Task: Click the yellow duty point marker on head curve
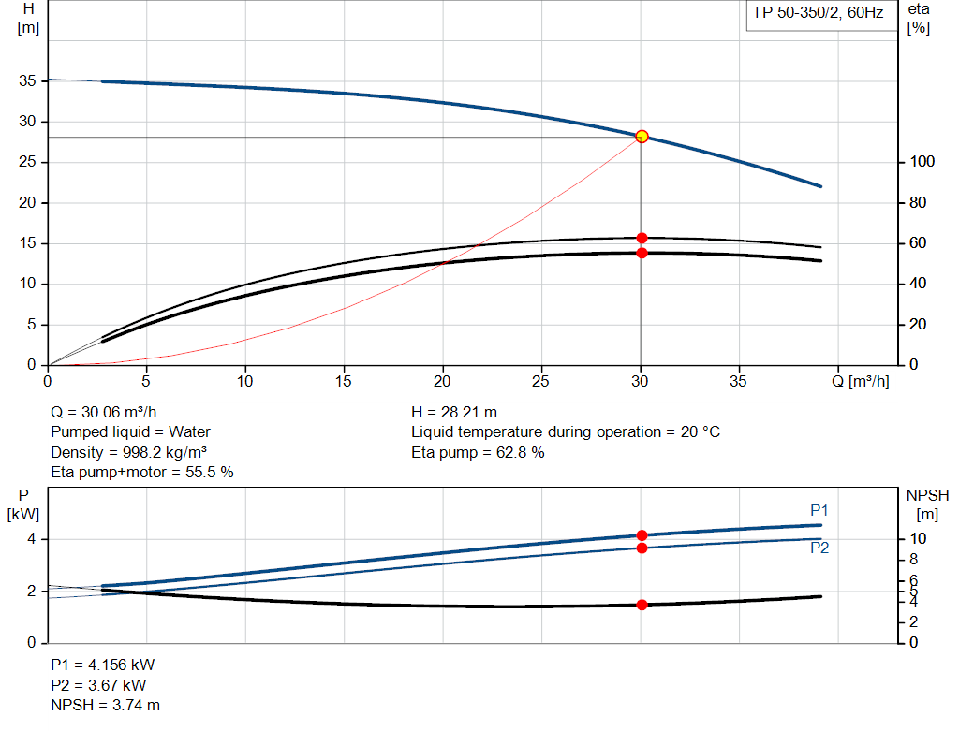(x=642, y=137)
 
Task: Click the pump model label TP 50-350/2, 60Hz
(x=818, y=14)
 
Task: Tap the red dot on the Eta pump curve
(x=642, y=238)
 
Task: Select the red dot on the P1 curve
(x=642, y=535)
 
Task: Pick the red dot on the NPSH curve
(x=642, y=605)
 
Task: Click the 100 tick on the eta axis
(x=922, y=162)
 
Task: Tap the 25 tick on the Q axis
(x=541, y=381)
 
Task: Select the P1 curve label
(x=819, y=510)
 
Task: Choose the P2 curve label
(x=819, y=548)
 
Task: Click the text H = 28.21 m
(x=454, y=412)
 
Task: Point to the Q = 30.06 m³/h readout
(x=104, y=412)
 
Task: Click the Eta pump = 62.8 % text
(x=478, y=453)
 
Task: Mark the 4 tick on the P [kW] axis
(x=31, y=539)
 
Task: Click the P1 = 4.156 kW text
(x=102, y=665)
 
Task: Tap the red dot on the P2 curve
(x=642, y=548)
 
